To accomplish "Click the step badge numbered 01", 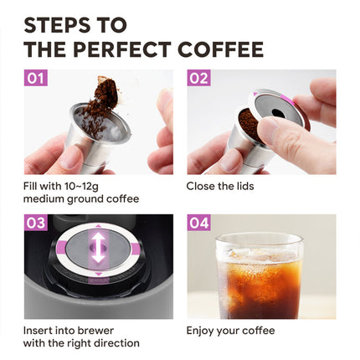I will tap(36, 79).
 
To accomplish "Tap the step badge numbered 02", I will tap(198, 79).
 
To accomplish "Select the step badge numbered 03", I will tap(36, 224).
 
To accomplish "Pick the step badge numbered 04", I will tap(198, 224).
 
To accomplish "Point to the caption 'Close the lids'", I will tap(220, 185).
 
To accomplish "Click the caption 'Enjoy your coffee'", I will tap(230, 330).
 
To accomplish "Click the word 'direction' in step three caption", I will tap(116, 343).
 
